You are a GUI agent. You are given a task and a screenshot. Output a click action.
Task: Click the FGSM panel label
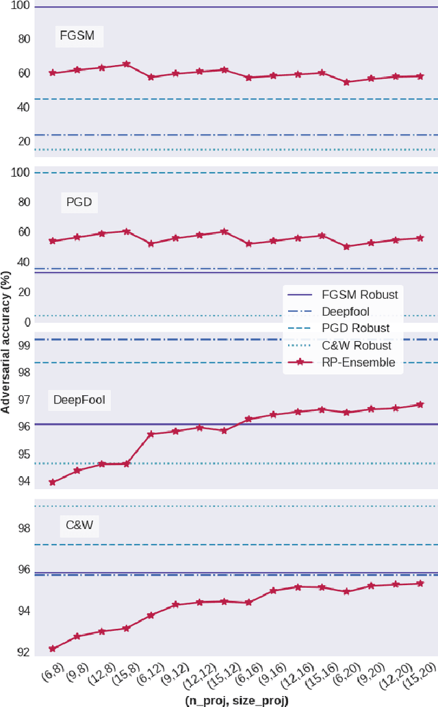point(78,36)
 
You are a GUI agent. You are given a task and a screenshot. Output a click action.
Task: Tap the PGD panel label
point(79,202)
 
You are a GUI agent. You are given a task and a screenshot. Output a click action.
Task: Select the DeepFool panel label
point(79,399)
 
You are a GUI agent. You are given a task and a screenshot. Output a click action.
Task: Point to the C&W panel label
point(79,526)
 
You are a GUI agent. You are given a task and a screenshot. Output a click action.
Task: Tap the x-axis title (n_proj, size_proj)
point(236,700)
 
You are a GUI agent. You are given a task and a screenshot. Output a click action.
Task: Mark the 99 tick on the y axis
point(24,346)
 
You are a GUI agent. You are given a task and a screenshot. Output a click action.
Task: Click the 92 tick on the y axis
point(24,652)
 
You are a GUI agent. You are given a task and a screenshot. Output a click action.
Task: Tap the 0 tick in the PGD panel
point(28,322)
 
